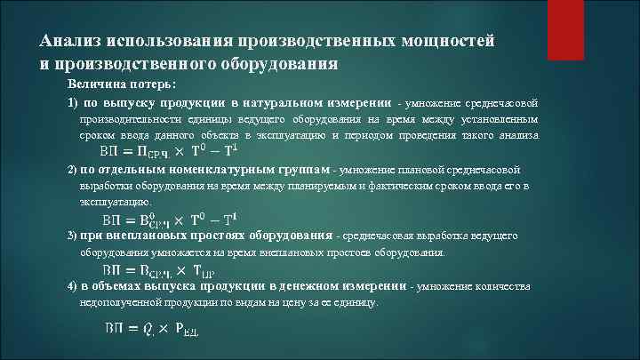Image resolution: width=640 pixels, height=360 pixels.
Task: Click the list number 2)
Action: click(73, 169)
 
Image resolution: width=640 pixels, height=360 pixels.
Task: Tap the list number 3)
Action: click(73, 236)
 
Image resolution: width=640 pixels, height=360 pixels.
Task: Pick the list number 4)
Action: click(73, 287)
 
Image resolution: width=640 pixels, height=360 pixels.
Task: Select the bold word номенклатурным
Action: click(220, 169)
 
